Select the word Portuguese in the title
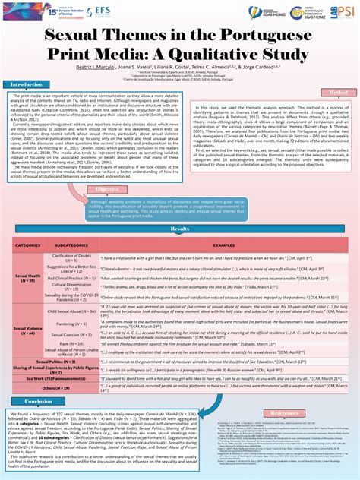click(x=261, y=36)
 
